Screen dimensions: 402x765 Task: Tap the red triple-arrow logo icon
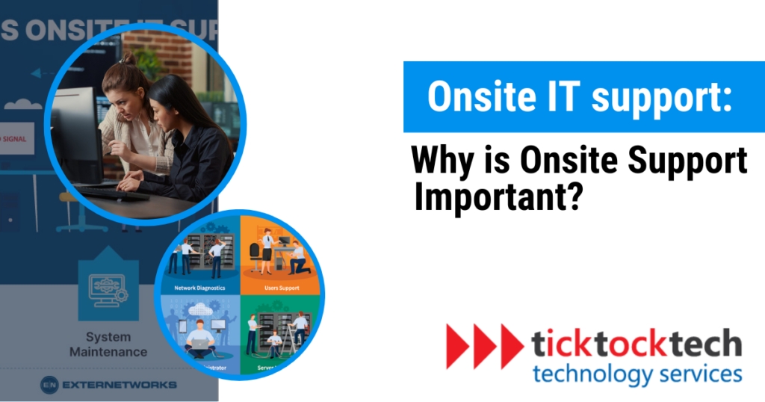(483, 347)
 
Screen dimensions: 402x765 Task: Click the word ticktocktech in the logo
(637, 344)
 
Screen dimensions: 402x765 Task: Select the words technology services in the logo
(637, 373)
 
